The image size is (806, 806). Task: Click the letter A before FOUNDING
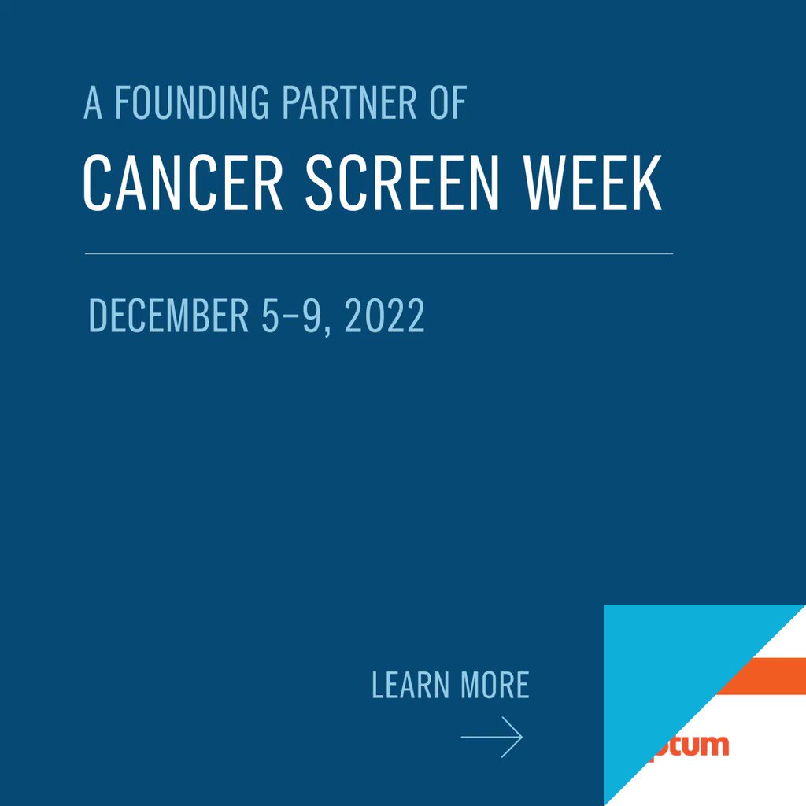[x=93, y=103]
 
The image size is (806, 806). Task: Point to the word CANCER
[x=183, y=183]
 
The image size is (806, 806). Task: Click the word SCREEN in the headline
[x=402, y=183]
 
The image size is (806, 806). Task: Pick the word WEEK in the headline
[x=593, y=183]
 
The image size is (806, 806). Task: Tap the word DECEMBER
[x=168, y=316]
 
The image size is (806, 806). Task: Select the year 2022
[x=385, y=316]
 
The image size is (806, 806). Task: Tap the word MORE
[x=495, y=685]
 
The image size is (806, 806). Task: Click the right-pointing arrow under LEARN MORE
[x=492, y=738]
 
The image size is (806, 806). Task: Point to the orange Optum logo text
[x=689, y=745]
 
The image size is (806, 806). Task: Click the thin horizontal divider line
[x=379, y=253]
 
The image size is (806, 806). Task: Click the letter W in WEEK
[x=545, y=183]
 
